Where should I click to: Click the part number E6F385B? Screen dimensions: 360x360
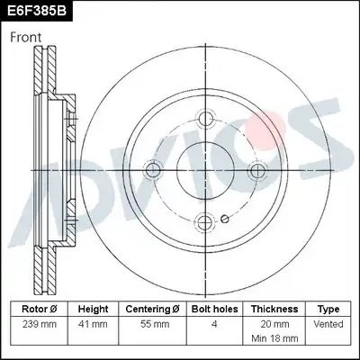pos(37,11)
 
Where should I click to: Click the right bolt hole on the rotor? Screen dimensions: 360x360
pos(259,169)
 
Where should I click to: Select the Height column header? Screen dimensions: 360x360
pos(93,309)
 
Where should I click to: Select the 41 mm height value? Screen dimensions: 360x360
pos(93,323)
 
